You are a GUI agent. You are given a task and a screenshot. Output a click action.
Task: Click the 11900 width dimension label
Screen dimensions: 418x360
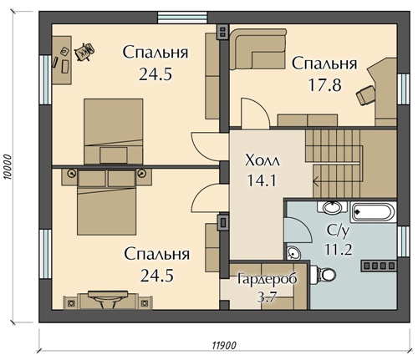tap(224, 345)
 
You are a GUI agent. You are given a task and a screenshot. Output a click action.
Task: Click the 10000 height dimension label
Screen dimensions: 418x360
tap(8, 167)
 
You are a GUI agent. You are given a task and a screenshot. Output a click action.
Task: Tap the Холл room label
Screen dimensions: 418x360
tap(262, 160)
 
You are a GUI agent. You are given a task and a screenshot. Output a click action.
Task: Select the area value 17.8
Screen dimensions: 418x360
tap(324, 85)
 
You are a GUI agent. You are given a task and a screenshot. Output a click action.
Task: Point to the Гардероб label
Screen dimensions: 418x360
tap(268, 279)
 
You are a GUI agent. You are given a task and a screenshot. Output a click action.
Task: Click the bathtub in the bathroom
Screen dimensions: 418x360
tap(373, 212)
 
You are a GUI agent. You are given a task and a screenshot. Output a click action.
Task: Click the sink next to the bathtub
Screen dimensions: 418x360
tap(332, 207)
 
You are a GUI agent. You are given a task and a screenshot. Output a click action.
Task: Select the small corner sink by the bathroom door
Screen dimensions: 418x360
tap(293, 253)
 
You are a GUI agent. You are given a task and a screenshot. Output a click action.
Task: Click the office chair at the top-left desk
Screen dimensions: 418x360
tap(84, 52)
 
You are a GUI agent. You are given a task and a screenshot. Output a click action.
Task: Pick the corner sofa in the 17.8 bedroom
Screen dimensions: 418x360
tap(257, 48)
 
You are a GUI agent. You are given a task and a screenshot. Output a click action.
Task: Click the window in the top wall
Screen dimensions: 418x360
tap(182, 18)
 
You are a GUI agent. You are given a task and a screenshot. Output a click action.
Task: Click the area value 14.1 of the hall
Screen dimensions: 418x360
tap(262, 180)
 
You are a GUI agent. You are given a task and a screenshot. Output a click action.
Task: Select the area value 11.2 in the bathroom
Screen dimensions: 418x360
tap(339, 249)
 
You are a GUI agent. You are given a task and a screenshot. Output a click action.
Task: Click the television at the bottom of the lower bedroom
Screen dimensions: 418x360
tap(108, 298)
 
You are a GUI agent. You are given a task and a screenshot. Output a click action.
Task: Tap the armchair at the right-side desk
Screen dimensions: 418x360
tap(366, 95)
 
